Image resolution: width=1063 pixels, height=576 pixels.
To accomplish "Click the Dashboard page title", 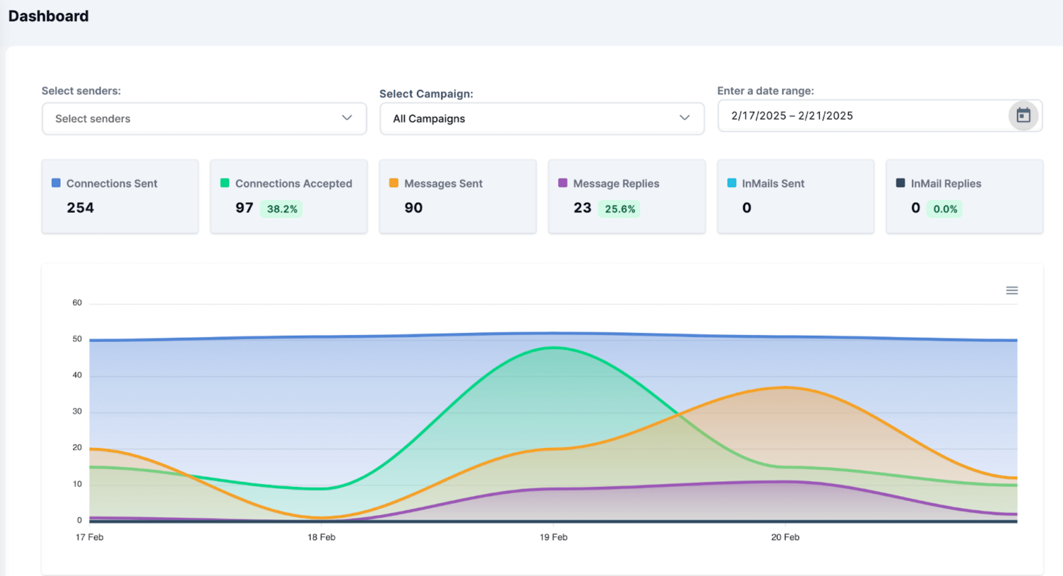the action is pyautogui.click(x=48, y=16).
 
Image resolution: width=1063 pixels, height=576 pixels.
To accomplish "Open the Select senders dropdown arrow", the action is pyautogui.click(x=347, y=118).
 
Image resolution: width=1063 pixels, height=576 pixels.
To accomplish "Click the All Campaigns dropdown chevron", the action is pyautogui.click(x=684, y=118).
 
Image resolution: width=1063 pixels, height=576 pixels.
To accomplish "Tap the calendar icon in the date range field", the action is pyautogui.click(x=1023, y=116).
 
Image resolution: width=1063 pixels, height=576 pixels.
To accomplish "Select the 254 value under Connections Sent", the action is pyautogui.click(x=80, y=208).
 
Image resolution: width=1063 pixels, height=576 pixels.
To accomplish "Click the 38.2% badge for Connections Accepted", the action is pyautogui.click(x=282, y=209).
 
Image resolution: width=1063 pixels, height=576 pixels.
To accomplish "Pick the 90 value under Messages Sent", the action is pyautogui.click(x=413, y=208).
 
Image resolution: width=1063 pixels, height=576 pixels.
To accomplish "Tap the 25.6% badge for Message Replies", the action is pyautogui.click(x=620, y=209).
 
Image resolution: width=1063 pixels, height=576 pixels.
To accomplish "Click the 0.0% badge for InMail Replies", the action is pyautogui.click(x=945, y=209).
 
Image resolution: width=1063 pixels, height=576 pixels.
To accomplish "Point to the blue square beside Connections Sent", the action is pyautogui.click(x=56, y=183).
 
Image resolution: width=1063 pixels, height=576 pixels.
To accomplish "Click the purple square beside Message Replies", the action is pyautogui.click(x=563, y=183).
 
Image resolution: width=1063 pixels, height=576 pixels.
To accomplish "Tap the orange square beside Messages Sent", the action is pyautogui.click(x=394, y=183).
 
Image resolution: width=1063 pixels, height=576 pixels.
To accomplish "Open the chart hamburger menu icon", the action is pyautogui.click(x=1012, y=291).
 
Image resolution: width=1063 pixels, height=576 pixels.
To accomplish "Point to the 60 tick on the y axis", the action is pyautogui.click(x=77, y=303).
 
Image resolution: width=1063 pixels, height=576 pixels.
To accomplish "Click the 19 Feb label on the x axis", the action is pyautogui.click(x=553, y=537).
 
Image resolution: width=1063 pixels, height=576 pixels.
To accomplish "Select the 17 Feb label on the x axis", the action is pyautogui.click(x=90, y=537).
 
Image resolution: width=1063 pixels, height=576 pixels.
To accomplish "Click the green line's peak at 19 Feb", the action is pyautogui.click(x=553, y=348).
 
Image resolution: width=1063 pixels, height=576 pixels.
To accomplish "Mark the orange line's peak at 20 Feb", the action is pyautogui.click(x=785, y=388).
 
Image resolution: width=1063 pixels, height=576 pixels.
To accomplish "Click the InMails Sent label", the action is pyautogui.click(x=773, y=183).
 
